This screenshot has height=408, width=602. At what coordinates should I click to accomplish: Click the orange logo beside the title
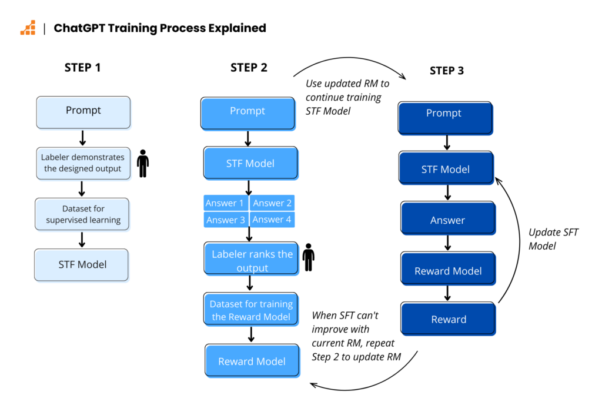(28, 28)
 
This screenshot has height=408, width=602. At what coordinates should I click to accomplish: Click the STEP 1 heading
(82, 67)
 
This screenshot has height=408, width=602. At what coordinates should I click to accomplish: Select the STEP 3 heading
(446, 71)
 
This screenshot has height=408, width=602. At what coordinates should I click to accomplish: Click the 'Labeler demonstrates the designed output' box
(82, 163)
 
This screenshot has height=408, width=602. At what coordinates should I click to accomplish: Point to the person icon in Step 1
(143, 164)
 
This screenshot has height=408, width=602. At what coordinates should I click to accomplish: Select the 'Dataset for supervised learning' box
(83, 214)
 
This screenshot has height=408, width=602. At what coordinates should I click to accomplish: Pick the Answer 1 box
(225, 203)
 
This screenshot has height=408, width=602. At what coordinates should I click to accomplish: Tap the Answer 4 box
(272, 220)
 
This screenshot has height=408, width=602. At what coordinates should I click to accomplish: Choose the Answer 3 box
(225, 220)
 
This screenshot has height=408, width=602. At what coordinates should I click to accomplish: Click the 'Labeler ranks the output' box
(252, 260)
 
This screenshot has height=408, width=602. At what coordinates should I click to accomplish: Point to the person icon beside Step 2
(308, 257)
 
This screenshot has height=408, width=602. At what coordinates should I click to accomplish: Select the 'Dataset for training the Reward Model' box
(251, 310)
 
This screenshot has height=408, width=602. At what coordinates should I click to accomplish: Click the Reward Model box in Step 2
(252, 361)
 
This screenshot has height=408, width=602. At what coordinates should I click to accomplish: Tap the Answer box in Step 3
(447, 220)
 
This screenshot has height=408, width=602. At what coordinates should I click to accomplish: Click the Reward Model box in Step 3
(448, 271)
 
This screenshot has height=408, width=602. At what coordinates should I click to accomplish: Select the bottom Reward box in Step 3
(448, 319)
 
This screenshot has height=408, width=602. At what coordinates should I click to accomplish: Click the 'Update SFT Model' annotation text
(553, 238)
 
